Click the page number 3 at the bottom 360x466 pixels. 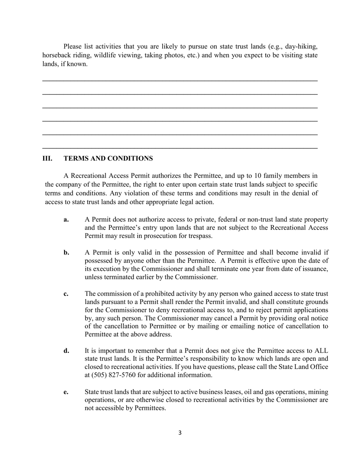click(180, 433)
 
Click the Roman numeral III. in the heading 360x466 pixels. click(47, 158)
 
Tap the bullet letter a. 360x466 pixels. click(66, 220)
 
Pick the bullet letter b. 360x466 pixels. click(67, 253)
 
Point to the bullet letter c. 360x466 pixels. click(66, 294)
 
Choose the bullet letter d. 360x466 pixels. click(67, 351)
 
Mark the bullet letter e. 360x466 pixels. click(66, 392)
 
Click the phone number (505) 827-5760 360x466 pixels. click(116, 375)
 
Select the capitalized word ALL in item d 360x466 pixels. click(321, 351)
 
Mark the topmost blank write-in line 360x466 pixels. click(180, 81)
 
